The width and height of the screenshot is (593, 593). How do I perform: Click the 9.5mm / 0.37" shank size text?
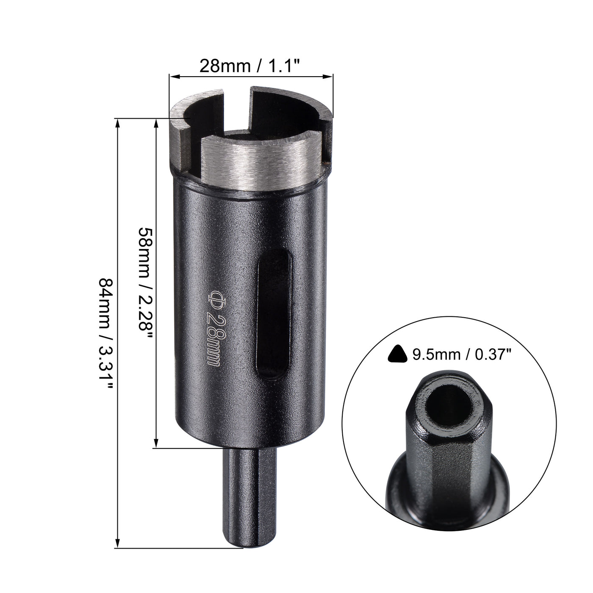[460, 354]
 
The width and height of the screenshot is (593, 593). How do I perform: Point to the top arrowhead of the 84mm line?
[118, 123]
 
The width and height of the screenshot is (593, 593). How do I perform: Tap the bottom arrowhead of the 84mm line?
[118, 544]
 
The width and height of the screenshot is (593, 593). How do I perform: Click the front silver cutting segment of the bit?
[254, 163]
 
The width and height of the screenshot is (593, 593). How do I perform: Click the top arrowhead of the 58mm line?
[157, 123]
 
